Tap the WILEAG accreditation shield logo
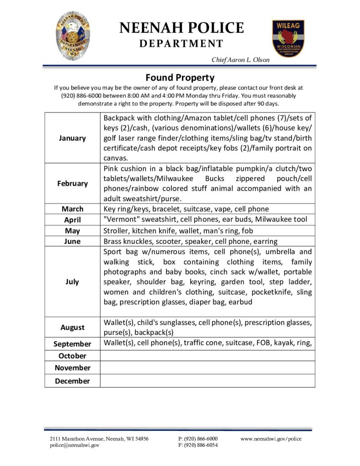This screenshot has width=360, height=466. point(289,38)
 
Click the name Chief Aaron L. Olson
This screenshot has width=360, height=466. point(240,60)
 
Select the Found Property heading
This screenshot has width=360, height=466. point(180,77)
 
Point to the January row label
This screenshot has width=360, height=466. point(72,138)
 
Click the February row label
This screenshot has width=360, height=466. point(72,183)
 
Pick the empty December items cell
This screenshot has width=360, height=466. point(208,381)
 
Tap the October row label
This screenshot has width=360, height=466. point(72,355)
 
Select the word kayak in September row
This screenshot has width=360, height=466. point(284,343)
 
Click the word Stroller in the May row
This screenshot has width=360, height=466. point(116,230)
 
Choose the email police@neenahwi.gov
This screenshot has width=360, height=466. point(75,446)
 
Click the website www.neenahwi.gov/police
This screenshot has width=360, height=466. point(271,439)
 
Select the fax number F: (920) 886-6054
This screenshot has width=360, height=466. point(198,446)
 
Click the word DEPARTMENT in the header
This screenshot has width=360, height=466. point(181,44)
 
